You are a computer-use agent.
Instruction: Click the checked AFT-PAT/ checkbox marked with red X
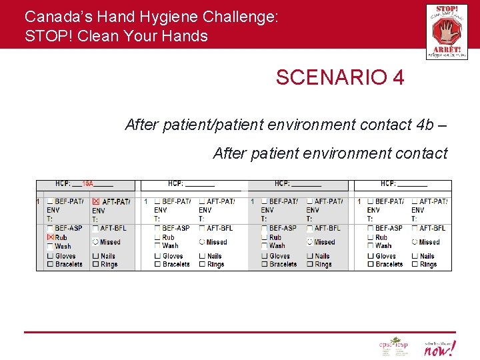point(95,201)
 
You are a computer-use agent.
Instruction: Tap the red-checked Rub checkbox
point(50,237)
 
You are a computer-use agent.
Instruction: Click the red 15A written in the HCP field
point(87,184)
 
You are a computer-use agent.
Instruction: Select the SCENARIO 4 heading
point(339,78)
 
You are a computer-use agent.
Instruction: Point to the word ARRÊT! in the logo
point(447,49)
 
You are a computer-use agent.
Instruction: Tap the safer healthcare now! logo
point(440,347)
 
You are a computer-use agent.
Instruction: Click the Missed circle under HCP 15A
point(95,242)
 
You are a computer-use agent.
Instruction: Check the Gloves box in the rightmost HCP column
point(371,256)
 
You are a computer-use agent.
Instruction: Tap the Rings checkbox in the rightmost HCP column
point(415,264)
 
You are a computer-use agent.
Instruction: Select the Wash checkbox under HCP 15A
point(50,246)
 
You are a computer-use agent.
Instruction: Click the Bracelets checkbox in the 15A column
point(50,264)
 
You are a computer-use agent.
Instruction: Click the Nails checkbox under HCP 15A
point(95,256)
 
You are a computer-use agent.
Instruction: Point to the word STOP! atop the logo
point(442,10)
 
